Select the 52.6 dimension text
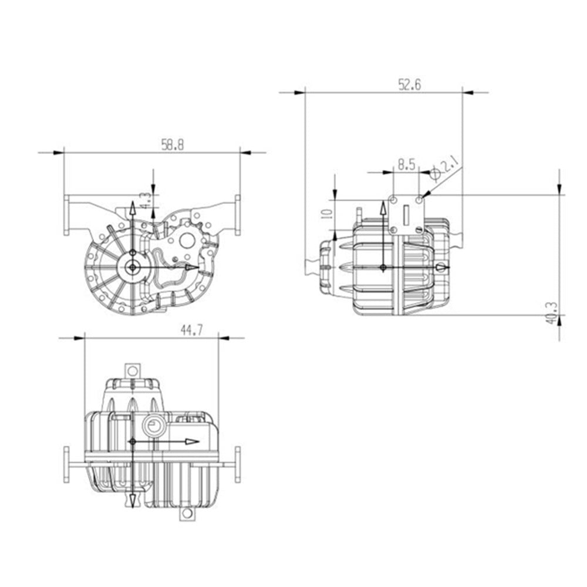coord(410,85)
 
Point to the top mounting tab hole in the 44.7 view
coord(133,371)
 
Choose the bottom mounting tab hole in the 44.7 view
coord(187,514)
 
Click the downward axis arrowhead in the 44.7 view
coord(133,500)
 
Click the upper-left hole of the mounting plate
coord(393,201)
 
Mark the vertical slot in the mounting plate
coord(406,211)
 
